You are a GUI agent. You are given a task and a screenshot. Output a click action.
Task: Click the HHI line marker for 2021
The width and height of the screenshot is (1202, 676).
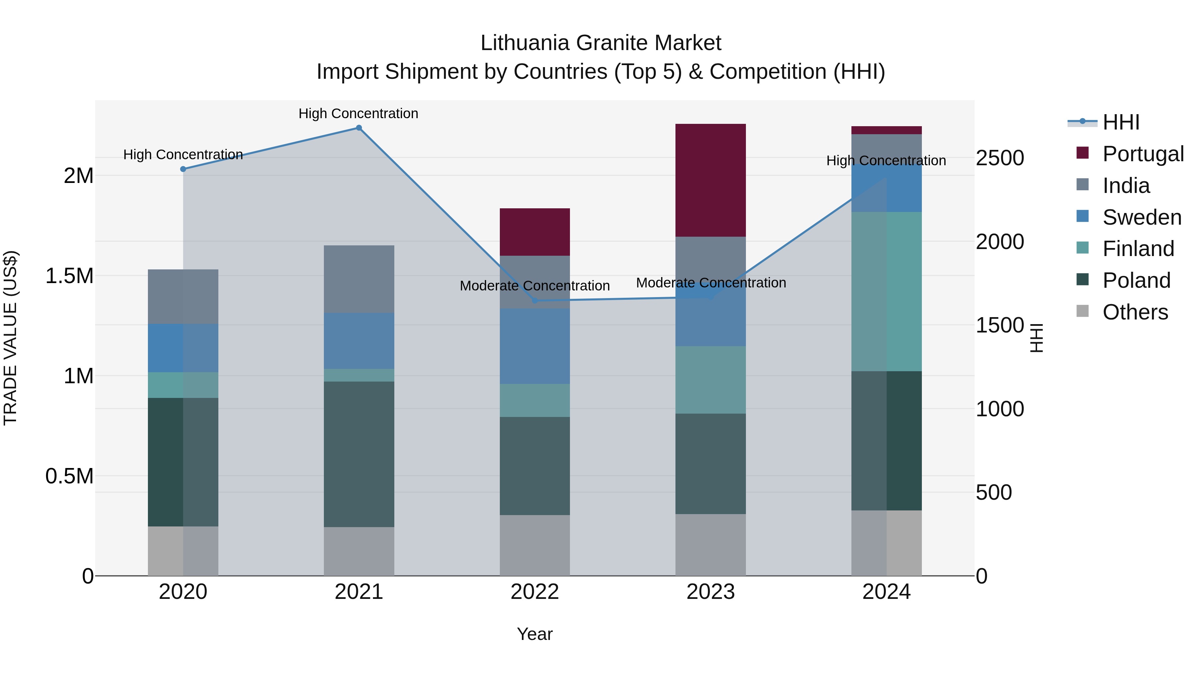click(359, 128)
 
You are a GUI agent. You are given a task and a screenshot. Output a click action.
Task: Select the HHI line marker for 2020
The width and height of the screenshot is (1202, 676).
click(183, 169)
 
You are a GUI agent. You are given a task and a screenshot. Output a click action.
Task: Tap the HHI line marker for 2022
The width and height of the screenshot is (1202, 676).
click(535, 300)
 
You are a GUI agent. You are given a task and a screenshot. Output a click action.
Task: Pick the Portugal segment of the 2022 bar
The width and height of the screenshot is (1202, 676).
click(535, 232)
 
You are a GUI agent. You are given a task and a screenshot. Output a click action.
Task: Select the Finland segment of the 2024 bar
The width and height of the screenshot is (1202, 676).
click(886, 291)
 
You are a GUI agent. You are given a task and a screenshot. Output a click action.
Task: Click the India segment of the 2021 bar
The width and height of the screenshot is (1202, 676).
click(359, 279)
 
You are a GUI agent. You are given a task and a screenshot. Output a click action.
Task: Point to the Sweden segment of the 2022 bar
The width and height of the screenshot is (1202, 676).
click(535, 346)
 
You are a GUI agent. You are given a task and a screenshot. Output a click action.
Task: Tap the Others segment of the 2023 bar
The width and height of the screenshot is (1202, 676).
click(711, 545)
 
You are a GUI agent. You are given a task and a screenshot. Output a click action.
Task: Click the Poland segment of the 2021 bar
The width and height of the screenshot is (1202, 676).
click(359, 454)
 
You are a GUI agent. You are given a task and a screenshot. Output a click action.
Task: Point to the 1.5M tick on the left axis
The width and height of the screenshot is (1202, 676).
click(69, 276)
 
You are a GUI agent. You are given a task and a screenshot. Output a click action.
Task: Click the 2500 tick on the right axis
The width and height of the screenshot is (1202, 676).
click(999, 158)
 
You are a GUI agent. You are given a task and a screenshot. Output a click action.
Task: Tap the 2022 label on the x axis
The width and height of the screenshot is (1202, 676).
click(535, 592)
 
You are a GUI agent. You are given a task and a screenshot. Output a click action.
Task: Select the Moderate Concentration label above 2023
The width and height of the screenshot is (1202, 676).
click(711, 283)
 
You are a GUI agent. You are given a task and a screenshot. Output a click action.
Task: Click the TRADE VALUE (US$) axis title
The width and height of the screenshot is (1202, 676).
click(10, 338)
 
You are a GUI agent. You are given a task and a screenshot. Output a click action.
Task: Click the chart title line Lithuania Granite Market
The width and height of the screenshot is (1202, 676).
click(601, 43)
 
